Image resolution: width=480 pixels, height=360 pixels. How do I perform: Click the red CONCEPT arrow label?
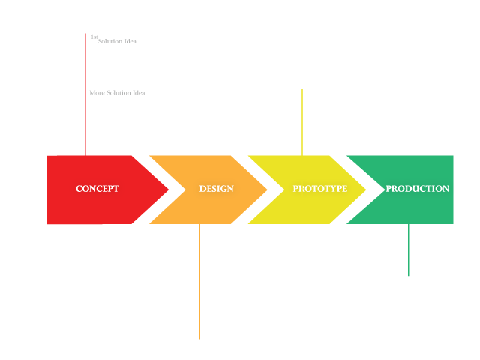pyautogui.click(x=97, y=189)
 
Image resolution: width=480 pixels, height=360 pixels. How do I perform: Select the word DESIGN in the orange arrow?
pyautogui.click(x=216, y=189)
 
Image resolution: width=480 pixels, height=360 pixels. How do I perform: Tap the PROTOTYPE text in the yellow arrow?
pyautogui.click(x=319, y=189)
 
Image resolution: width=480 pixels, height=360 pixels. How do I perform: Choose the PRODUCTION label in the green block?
pyautogui.click(x=417, y=189)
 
